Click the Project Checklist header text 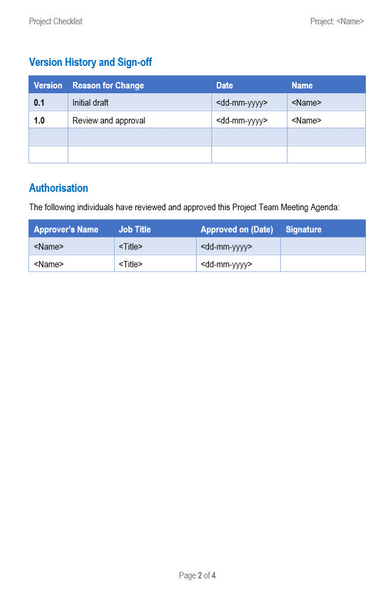55,21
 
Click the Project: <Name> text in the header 337,21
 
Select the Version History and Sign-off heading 90,62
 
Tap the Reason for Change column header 108,86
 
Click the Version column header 48,86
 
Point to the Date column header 224,86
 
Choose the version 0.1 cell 39,103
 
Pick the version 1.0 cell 39,121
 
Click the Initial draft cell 90,103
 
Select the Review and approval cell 109,121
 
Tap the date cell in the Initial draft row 242,103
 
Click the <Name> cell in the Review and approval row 306,121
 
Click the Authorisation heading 58,188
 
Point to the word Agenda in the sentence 324,208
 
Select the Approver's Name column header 66,229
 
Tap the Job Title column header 135,229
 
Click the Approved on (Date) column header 236,229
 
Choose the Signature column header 303,229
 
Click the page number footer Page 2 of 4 197,575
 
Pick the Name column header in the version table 302,86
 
